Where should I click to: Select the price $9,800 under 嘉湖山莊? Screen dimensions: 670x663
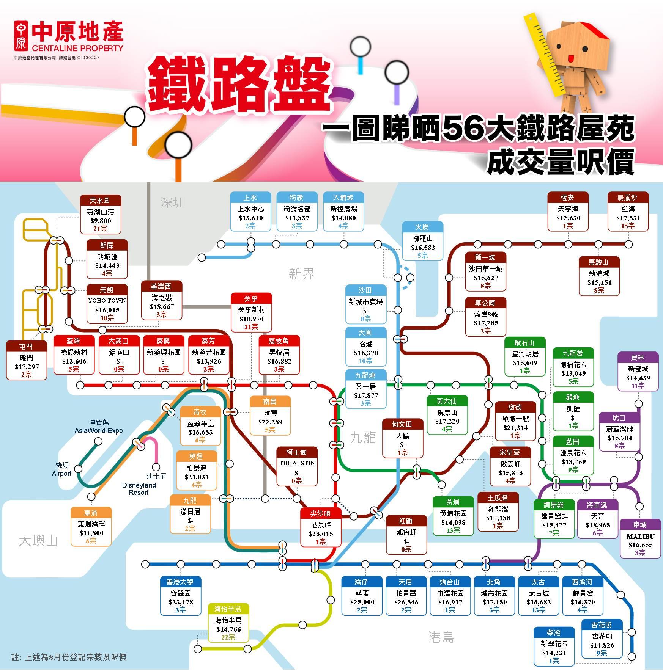click(x=101, y=221)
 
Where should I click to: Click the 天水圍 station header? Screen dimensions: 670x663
click(x=100, y=200)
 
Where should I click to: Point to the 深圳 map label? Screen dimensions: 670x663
click(x=172, y=202)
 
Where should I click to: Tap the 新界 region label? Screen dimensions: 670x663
click(x=302, y=273)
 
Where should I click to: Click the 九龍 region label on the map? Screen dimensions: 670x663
click(x=363, y=438)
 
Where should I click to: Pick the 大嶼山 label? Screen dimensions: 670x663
click(x=38, y=541)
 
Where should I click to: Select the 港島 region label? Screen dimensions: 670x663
click(x=441, y=637)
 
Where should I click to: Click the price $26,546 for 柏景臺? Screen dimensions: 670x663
click(x=406, y=602)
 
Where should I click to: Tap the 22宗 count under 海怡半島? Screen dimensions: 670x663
click(x=228, y=637)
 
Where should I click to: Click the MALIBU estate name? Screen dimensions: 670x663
click(x=640, y=537)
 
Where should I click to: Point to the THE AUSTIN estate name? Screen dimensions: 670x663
click(x=297, y=463)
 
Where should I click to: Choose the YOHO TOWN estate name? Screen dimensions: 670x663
click(x=107, y=300)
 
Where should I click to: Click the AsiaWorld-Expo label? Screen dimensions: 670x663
click(x=99, y=431)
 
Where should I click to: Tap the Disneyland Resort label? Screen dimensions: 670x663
click(x=139, y=489)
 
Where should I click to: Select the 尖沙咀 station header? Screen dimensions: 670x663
click(x=321, y=513)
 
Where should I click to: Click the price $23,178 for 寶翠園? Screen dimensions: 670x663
click(x=181, y=602)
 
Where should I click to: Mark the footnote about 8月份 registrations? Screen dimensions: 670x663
click(x=69, y=657)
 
